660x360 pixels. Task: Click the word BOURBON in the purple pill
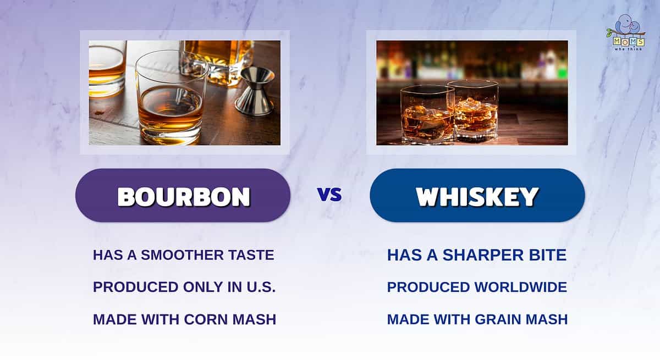pos(184,197)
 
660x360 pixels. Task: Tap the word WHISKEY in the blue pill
pos(477,197)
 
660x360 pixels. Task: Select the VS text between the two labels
pos(329,195)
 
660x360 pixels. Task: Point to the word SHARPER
pos(483,255)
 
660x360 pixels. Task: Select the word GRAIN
pos(498,319)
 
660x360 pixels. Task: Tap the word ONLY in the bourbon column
pos(203,287)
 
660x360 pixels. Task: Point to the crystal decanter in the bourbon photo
pos(217,62)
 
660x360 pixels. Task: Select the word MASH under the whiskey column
pos(547,319)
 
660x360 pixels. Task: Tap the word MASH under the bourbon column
pos(254,319)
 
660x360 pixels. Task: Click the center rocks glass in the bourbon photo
pos(172,98)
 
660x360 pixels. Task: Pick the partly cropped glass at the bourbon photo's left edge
pos(107,69)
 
